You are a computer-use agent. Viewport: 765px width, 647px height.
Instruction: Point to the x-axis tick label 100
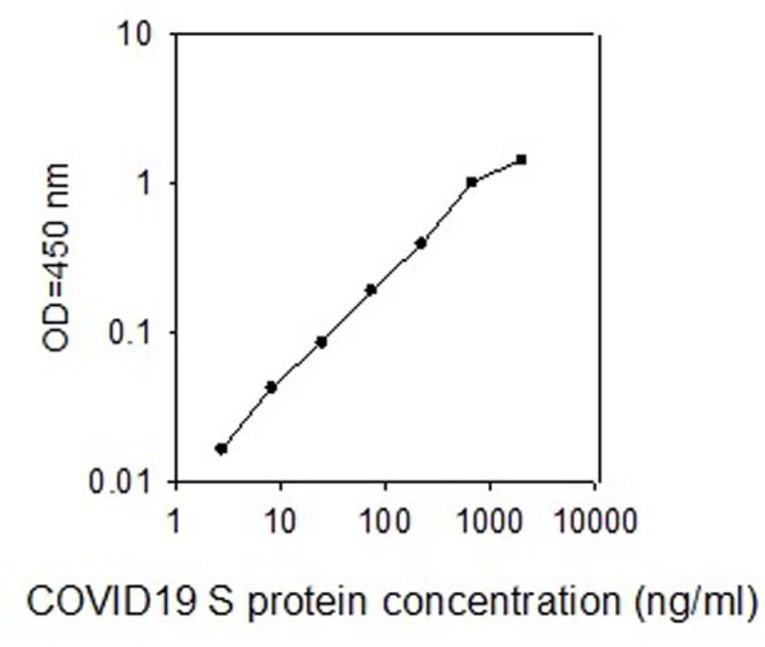click(385, 524)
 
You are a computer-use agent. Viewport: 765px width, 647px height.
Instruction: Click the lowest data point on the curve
click(221, 449)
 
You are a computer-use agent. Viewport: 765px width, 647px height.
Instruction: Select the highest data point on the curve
click(521, 159)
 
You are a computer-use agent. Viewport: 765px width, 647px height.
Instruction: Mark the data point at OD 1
click(472, 182)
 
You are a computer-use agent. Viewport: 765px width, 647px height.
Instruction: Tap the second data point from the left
click(271, 387)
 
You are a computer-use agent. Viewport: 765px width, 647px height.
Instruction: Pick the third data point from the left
click(321, 342)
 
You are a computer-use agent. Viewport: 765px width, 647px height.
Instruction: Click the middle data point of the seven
click(370, 290)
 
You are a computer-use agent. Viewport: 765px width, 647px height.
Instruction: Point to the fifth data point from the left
click(421, 243)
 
